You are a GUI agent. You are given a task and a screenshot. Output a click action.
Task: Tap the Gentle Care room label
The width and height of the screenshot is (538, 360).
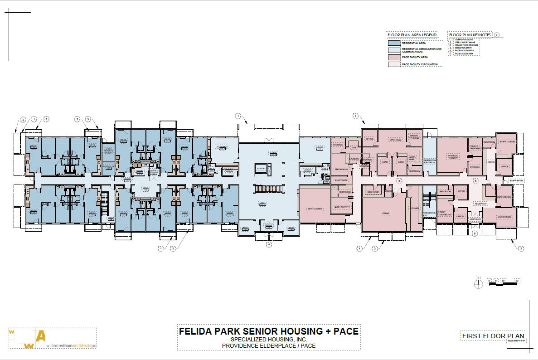315,209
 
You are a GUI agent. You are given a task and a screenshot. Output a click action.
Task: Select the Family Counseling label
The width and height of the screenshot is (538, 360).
444,213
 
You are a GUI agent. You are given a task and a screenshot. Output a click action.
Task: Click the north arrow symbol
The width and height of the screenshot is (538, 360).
477,283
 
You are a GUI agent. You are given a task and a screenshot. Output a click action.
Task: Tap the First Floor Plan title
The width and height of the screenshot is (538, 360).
492,336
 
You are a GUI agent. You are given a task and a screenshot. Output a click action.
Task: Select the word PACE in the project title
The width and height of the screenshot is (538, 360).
345,331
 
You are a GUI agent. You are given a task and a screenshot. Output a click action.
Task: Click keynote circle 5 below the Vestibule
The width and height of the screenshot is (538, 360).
475,234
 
